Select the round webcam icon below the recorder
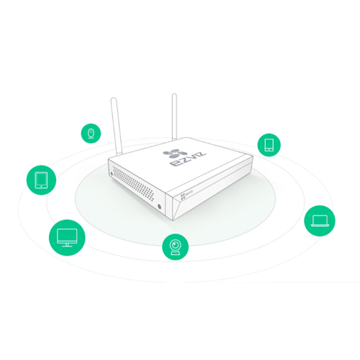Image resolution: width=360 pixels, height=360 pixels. click(175, 248)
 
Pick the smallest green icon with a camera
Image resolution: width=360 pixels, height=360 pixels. click(91, 133)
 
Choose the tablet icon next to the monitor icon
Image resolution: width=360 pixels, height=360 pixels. click(40, 179)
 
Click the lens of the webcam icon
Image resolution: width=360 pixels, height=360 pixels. click(175, 246)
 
